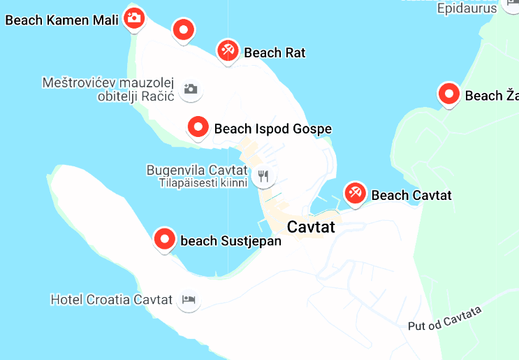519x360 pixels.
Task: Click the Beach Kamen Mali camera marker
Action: pyautogui.click(x=133, y=17)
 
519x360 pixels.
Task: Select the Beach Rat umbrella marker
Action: pyautogui.click(x=228, y=50)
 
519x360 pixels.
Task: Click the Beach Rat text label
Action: pyautogui.click(x=275, y=52)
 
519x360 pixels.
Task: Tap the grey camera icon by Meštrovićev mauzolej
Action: pyautogui.click(x=190, y=89)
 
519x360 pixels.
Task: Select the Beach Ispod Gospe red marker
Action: pyautogui.click(x=198, y=127)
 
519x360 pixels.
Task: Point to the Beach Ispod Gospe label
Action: pyautogui.click(x=272, y=129)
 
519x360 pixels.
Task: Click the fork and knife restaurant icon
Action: pyautogui.click(x=263, y=176)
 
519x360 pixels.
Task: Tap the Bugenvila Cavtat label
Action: pyautogui.click(x=196, y=170)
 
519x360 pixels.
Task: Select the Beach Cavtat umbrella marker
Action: pyautogui.click(x=355, y=193)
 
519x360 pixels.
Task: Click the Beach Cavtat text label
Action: pyautogui.click(x=411, y=195)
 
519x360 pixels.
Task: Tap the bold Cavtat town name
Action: pyautogui.click(x=311, y=227)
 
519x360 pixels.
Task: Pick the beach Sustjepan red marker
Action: pyautogui.click(x=165, y=239)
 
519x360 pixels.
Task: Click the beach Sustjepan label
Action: pyautogui.click(x=231, y=241)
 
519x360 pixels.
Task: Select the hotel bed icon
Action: pyautogui.click(x=189, y=300)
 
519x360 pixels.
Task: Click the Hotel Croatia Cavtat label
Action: pyautogui.click(x=111, y=300)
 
